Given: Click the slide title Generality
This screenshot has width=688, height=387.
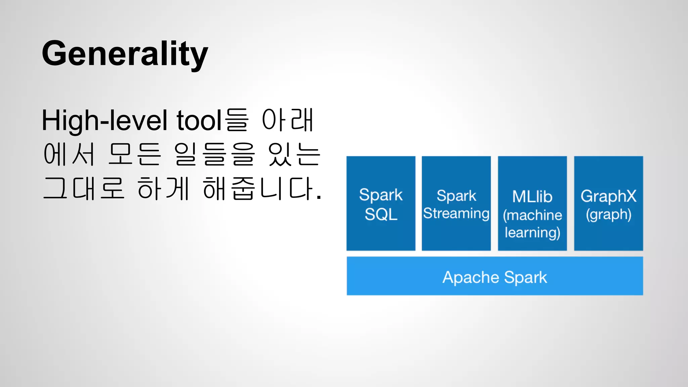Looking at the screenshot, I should pyautogui.click(x=125, y=54).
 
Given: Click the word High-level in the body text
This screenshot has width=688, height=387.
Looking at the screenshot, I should pyautogui.click(x=104, y=120).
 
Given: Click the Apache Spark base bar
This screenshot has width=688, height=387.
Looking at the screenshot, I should pyautogui.click(x=494, y=276).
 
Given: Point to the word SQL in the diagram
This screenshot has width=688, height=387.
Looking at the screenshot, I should pyautogui.click(x=381, y=214).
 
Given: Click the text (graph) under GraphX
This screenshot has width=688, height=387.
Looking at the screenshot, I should pyautogui.click(x=608, y=215).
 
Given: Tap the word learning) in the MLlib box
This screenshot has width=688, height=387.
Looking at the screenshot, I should pyautogui.click(x=532, y=233).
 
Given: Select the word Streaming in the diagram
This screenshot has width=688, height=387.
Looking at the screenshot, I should pyautogui.click(x=456, y=214).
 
